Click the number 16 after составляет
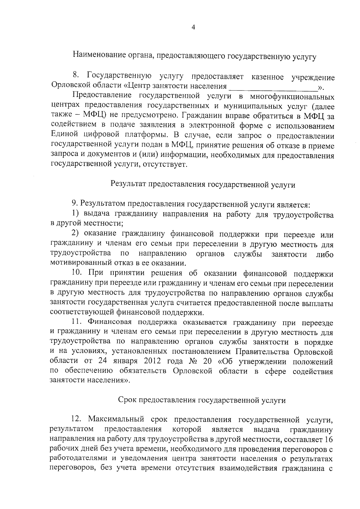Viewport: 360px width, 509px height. point(328,439)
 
